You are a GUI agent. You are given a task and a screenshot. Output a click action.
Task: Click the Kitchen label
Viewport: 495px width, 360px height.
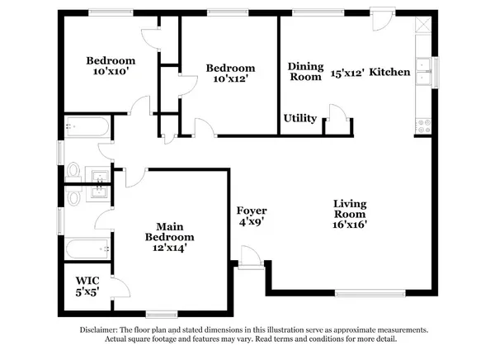click(389, 73)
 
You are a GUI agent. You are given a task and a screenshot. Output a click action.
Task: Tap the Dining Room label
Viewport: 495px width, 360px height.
click(304, 72)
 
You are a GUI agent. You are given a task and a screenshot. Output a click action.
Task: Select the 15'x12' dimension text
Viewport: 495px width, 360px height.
click(346, 73)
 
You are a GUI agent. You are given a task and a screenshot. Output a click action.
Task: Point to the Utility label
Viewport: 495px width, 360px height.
click(300, 119)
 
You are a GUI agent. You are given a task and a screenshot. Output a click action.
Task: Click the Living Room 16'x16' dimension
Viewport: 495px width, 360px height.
click(350, 223)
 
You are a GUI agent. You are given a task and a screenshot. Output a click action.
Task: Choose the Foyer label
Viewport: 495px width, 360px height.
click(252, 211)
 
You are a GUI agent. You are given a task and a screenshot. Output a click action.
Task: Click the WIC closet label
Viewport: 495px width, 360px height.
click(87, 280)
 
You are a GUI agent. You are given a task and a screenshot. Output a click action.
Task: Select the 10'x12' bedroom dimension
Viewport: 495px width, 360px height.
click(230, 80)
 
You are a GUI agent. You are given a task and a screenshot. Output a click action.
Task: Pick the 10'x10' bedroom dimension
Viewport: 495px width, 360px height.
click(111, 73)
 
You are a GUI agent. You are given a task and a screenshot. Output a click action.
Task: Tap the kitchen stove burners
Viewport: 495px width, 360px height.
click(425, 126)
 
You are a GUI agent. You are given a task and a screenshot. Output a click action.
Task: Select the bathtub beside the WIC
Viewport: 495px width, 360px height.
click(87, 249)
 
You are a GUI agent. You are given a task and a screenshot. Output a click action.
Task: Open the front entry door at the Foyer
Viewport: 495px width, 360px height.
click(247, 257)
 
